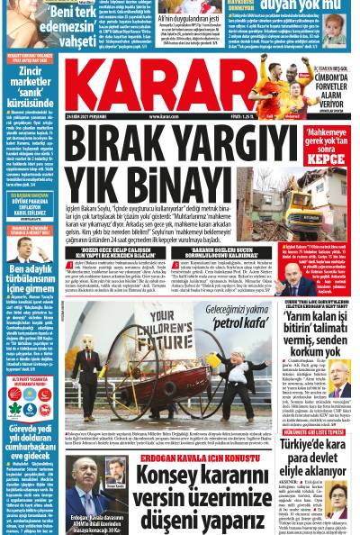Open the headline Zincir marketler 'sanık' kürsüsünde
[31, 86]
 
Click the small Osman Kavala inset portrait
[114, 468]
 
